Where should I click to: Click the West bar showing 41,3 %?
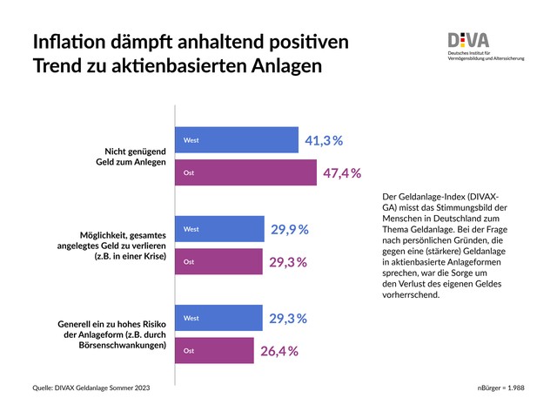click(237, 140)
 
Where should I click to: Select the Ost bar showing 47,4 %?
click(245, 172)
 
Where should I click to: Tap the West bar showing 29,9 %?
click(220, 229)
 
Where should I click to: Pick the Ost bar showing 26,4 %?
click(215, 350)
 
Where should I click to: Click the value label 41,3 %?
click(324, 140)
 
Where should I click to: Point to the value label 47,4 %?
click(341, 172)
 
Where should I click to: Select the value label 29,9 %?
click(290, 229)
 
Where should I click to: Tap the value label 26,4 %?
click(279, 351)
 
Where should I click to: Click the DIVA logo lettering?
click(468, 40)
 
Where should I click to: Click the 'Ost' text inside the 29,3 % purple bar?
click(188, 261)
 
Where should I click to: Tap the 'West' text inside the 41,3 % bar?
click(191, 140)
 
